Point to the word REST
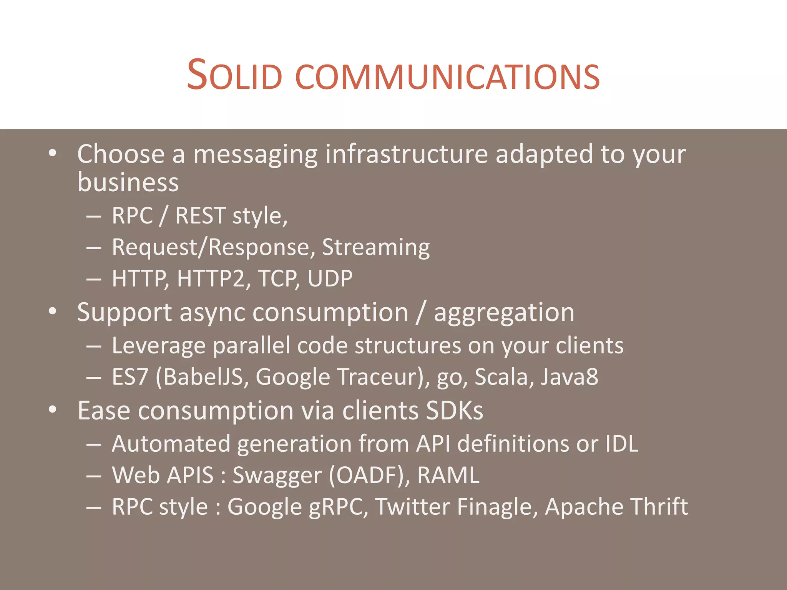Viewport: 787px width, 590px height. pos(200,215)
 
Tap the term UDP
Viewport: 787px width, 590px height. pos(330,278)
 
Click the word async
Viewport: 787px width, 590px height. pos(212,313)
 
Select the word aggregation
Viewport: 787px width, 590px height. pos(504,313)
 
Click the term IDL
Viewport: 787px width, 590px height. pos(622,444)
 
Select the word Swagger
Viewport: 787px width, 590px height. pos(277,476)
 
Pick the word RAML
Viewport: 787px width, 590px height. pos(448,476)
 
